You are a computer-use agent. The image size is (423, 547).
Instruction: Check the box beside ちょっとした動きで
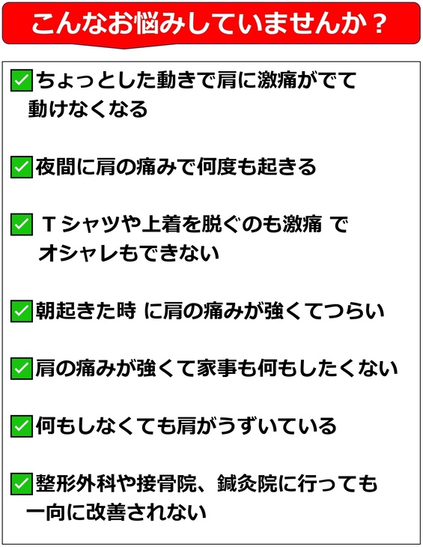[x=21, y=81]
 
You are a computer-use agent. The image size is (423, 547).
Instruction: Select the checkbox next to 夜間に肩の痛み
[x=21, y=167]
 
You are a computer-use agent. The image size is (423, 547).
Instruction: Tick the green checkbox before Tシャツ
[x=21, y=224]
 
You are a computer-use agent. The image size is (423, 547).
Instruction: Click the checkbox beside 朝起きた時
[x=21, y=311]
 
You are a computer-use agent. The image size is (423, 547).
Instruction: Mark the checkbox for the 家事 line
[x=21, y=369]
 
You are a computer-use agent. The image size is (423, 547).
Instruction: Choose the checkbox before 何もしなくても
[x=21, y=426]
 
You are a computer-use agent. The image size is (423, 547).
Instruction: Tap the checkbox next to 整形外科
[x=21, y=483]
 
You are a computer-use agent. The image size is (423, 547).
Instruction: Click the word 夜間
[x=55, y=167]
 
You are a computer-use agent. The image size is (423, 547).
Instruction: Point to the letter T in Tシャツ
[x=49, y=224]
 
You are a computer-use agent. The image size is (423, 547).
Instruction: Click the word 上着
[x=161, y=224]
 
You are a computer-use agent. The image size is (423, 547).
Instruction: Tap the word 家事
[x=216, y=369]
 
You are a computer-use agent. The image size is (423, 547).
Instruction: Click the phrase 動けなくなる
[x=88, y=109]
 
